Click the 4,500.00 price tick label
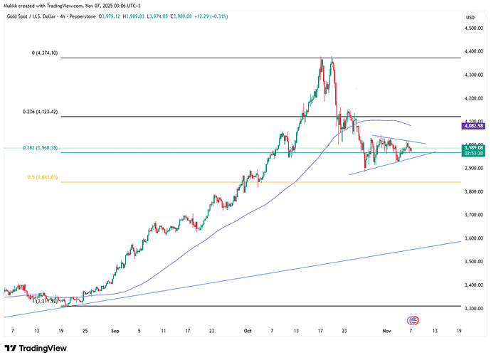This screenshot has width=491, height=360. click(470, 28)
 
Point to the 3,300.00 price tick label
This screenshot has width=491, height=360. click(470, 308)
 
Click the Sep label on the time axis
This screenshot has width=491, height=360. click(115, 331)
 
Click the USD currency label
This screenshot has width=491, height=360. click(470, 17)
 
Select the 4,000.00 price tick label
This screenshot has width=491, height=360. click(470, 145)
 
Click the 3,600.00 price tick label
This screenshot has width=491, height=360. click(470, 238)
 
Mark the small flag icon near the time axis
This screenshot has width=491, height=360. click(411, 319)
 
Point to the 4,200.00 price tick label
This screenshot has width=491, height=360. click(470, 98)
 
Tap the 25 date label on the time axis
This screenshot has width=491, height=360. click(84, 331)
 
